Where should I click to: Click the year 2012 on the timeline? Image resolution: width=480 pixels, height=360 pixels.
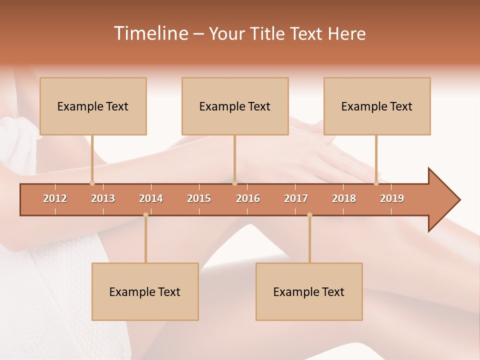point(55,198)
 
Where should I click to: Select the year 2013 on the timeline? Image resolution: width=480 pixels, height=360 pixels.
point(103,198)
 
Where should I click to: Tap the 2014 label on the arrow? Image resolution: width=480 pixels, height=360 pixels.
point(151,198)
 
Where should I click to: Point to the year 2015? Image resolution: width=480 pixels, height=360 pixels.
point(199,198)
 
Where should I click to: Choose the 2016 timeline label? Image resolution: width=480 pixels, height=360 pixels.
point(248,198)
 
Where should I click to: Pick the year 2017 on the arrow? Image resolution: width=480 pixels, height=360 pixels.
point(296,198)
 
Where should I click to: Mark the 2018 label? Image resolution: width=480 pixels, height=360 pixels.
point(344,198)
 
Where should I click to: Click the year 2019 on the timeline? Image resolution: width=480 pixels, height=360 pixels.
point(392,198)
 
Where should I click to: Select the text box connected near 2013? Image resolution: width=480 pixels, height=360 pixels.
point(93,106)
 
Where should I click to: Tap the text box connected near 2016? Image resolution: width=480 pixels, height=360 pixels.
point(235,106)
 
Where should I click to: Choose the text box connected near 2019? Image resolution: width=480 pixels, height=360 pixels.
point(377,106)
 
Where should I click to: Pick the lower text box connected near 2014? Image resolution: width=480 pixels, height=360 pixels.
point(145,291)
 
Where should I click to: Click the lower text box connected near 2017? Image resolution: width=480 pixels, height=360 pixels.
point(309,291)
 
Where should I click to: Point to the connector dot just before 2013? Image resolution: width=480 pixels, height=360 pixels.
point(92,183)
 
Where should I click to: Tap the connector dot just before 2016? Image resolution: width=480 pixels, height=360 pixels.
point(234,183)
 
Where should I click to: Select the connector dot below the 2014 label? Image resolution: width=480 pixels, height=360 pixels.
point(145,215)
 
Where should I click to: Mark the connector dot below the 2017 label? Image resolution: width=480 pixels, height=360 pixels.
point(309,215)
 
